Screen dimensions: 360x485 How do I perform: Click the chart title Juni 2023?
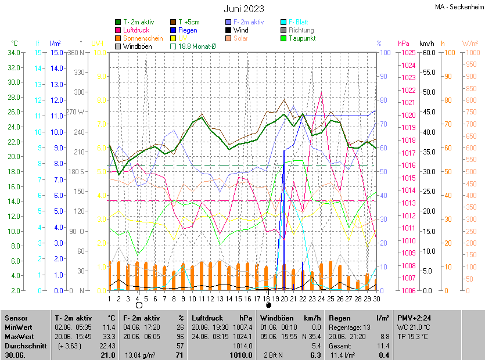244,9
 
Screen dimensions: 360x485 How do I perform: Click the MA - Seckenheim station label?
458,6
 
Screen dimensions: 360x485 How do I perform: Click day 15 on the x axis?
229,299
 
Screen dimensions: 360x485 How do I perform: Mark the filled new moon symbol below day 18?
268,305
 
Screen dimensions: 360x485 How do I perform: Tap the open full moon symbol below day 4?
139,305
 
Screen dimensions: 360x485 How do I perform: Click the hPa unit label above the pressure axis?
403,44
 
